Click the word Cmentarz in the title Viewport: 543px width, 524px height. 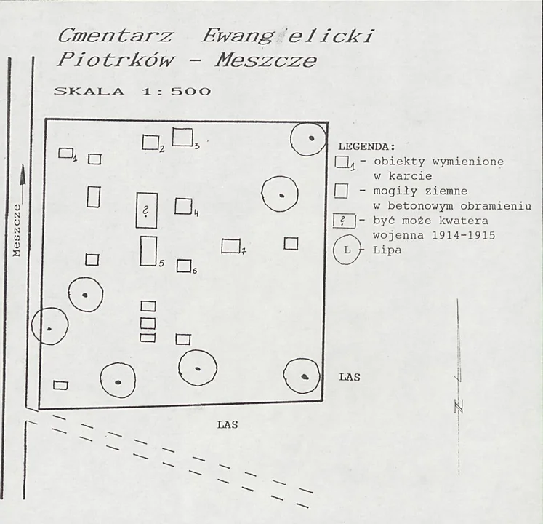115,36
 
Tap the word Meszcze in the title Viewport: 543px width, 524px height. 266,60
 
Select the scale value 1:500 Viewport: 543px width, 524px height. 176,92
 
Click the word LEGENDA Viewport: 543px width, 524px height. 366,147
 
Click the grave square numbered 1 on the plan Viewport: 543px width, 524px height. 65,153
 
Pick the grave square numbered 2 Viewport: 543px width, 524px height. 150,142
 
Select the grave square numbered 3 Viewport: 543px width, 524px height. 182,137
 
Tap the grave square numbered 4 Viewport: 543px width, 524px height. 183,206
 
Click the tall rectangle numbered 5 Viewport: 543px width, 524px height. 148,251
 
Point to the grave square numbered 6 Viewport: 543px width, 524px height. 184,266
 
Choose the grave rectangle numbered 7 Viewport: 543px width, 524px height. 230,246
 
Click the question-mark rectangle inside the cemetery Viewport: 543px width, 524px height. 147,210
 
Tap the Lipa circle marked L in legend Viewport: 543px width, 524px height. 347,250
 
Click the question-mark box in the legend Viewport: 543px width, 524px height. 345,221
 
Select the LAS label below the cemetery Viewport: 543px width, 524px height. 228,425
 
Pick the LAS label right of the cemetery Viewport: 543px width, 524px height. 350,377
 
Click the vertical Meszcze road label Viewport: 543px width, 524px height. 17,230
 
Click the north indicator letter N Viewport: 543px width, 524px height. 459,406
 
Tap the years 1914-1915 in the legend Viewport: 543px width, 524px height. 463,235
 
